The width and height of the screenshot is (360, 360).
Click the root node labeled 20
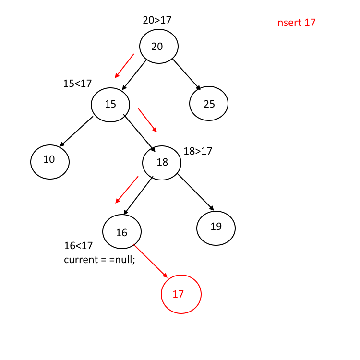159,47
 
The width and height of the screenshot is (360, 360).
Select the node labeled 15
111,104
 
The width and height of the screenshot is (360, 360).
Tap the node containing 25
209,104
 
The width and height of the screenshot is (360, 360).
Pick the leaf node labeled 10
50,161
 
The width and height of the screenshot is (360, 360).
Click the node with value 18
162,162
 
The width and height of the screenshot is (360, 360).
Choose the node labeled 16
122,232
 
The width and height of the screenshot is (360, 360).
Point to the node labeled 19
216,227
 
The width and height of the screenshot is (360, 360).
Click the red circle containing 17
180,294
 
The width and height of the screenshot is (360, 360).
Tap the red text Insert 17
295,23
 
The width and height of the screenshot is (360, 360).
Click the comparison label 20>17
157,20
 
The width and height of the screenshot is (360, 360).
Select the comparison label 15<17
77,84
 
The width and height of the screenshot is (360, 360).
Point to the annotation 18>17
198,151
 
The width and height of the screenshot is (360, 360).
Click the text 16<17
78,246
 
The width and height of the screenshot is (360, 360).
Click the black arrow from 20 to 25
187,74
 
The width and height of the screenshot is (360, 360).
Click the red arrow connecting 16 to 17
150,262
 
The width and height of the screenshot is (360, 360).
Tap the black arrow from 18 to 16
138,195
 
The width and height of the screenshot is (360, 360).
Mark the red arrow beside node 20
124,66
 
